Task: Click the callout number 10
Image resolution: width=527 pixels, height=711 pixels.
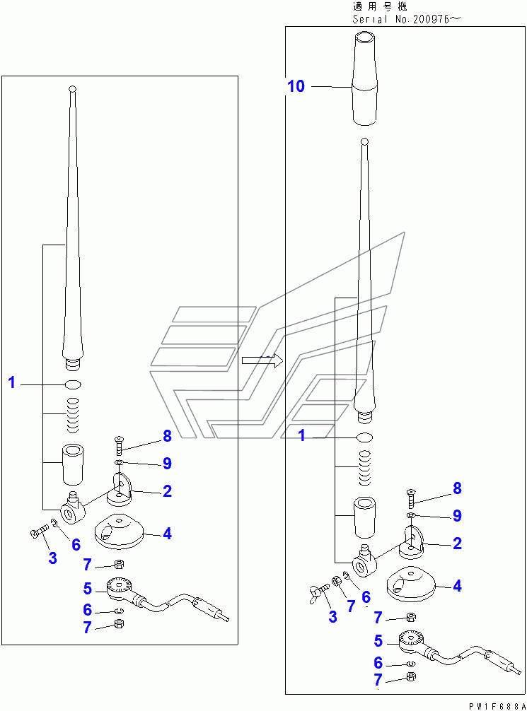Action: [x=296, y=86]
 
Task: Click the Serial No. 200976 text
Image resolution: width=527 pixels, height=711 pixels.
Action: [x=406, y=19]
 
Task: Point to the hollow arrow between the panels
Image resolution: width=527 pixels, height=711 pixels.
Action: [x=262, y=360]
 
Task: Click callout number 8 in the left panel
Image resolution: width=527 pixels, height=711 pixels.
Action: [x=167, y=435]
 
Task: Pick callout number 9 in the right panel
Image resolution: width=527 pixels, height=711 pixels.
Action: [x=457, y=516]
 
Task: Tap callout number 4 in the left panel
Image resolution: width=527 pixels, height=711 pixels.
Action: [x=167, y=534]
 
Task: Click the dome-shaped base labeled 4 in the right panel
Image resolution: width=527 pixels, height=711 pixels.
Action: [x=412, y=584]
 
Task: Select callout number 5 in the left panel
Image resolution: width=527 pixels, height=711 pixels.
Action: [x=87, y=588]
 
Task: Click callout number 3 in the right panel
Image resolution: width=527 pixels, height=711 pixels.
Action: [x=332, y=616]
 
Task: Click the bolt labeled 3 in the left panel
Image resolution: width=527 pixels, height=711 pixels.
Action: [x=37, y=532]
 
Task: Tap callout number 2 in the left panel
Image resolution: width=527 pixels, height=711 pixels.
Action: [x=167, y=491]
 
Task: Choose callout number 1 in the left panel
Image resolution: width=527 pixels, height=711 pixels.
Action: [x=12, y=383]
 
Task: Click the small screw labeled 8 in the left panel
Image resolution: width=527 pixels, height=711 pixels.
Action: [x=117, y=447]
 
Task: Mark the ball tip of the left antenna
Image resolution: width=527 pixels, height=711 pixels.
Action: [x=71, y=89]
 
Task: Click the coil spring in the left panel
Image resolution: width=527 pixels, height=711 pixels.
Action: [x=72, y=416]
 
